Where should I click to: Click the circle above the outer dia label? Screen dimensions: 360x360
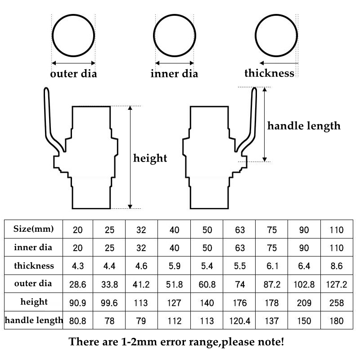(x=73, y=36)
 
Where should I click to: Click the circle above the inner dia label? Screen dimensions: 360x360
(x=174, y=36)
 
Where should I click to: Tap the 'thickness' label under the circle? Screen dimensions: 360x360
(x=269, y=73)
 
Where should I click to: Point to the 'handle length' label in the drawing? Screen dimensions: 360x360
(x=304, y=126)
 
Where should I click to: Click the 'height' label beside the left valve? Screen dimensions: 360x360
(x=150, y=158)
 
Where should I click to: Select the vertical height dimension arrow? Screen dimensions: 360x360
(x=130, y=157)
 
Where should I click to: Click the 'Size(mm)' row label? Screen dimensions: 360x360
(x=34, y=229)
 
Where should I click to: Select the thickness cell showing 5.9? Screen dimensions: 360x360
(x=175, y=266)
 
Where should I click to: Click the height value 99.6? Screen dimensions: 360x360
(x=110, y=303)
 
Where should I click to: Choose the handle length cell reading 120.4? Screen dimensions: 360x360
(x=240, y=321)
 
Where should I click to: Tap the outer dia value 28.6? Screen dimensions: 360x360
(x=77, y=284)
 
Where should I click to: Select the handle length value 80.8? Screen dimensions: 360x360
(x=77, y=321)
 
